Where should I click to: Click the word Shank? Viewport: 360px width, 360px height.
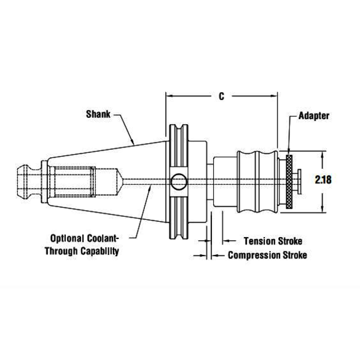98,114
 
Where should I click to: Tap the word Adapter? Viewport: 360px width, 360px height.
314,116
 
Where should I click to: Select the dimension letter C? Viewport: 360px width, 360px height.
221,96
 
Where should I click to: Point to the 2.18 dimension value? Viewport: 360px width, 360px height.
323,179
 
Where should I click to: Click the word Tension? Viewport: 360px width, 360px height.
259,241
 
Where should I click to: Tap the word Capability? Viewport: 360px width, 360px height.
100,251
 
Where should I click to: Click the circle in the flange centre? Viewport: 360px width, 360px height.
179,182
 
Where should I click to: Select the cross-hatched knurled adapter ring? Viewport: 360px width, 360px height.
289,182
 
